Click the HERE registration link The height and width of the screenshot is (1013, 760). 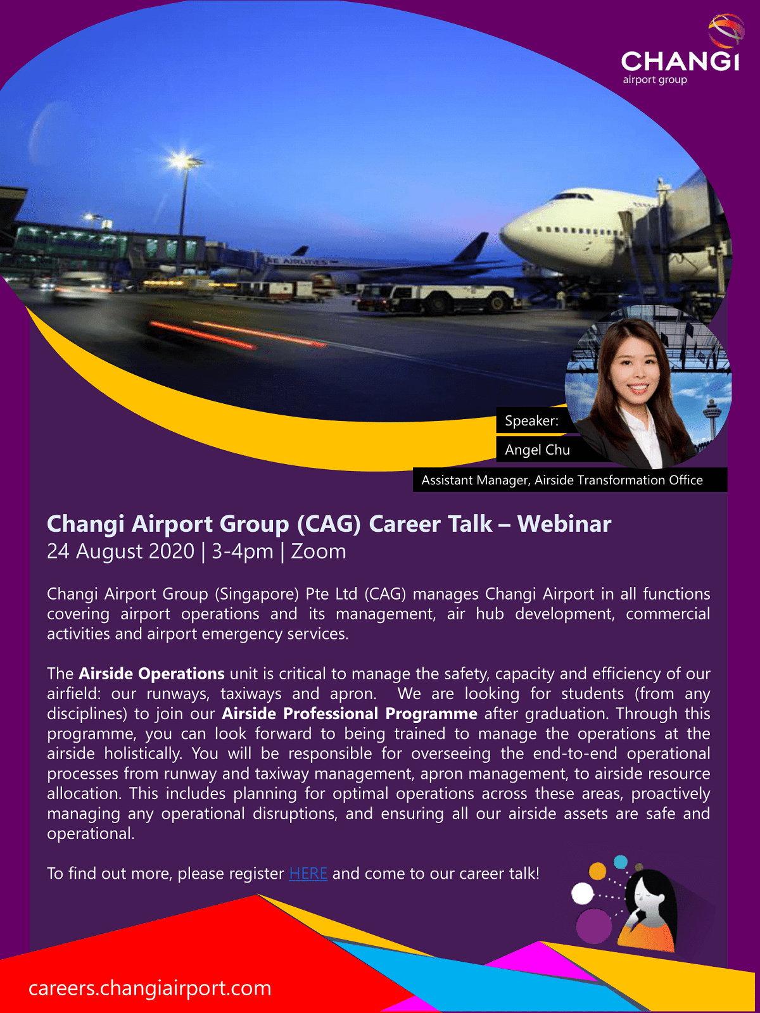pyautogui.click(x=308, y=873)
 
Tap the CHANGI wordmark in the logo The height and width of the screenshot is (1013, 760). pyautogui.click(x=680, y=61)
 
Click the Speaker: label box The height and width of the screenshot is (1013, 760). pyautogui.click(x=531, y=420)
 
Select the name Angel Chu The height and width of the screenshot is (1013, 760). pyautogui.click(x=537, y=450)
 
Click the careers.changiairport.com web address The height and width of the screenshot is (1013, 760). pyautogui.click(x=149, y=988)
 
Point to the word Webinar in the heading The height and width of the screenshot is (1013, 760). pyautogui.click(x=564, y=524)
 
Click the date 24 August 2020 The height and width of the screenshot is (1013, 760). pyautogui.click(x=120, y=551)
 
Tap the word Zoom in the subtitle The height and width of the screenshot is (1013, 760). pyautogui.click(x=319, y=551)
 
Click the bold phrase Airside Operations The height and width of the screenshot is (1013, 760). pyautogui.click(x=151, y=674)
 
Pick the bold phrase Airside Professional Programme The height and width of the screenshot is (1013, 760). pyautogui.click(x=350, y=714)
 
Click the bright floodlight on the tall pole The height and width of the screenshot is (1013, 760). pyautogui.click(x=182, y=161)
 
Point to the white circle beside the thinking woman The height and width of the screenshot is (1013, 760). pyautogui.click(x=582, y=893)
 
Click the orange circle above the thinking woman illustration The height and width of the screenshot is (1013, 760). pyautogui.click(x=598, y=871)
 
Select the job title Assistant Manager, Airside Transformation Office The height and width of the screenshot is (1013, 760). pyautogui.click(x=562, y=481)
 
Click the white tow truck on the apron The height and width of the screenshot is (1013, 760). pyautogui.click(x=436, y=298)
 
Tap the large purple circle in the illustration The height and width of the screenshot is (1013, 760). pyautogui.click(x=594, y=926)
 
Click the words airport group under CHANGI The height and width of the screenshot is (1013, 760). pyautogui.click(x=655, y=80)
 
